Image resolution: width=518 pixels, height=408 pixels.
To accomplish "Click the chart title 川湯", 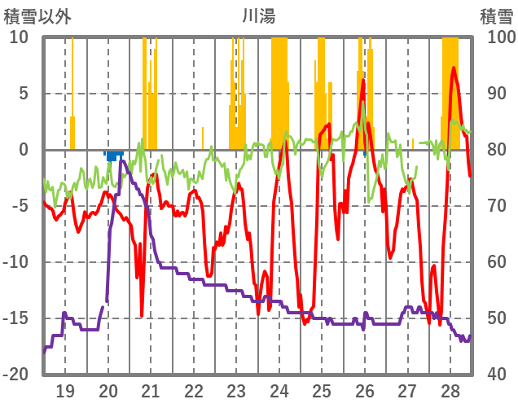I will pos(259,15).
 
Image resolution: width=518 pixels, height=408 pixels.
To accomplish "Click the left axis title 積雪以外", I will pos(38,15).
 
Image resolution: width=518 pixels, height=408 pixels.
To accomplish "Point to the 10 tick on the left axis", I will pos(20,37).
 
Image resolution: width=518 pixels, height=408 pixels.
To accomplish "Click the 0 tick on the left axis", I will pos(24,150).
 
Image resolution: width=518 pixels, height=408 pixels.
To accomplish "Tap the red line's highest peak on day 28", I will pos(454,68).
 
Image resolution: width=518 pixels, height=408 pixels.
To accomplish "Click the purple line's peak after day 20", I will pos(121,161).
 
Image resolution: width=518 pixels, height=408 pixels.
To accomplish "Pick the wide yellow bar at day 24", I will pos(279,90).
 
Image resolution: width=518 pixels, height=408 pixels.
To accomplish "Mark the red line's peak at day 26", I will pos(362,80).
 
